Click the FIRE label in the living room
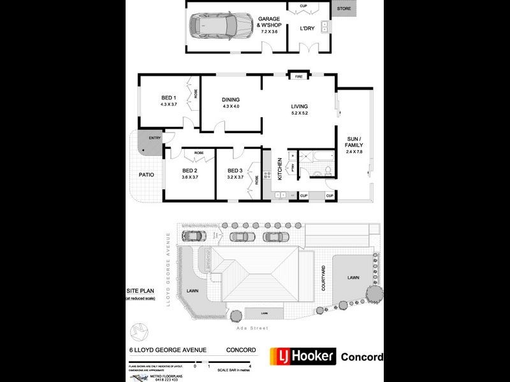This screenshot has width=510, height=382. point(298,77)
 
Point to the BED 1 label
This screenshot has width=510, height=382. point(168,97)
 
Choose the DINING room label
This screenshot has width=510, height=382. point(231,100)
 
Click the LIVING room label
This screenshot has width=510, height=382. point(300,106)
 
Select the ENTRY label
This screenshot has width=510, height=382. point(155,138)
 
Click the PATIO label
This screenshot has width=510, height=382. point(147,174)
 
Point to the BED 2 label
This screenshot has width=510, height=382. point(190,171)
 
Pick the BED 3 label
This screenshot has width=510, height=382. point(235,171)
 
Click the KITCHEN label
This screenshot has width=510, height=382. point(279,171)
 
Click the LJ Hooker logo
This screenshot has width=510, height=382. point(302,356)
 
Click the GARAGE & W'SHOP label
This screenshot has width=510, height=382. point(269,24)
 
